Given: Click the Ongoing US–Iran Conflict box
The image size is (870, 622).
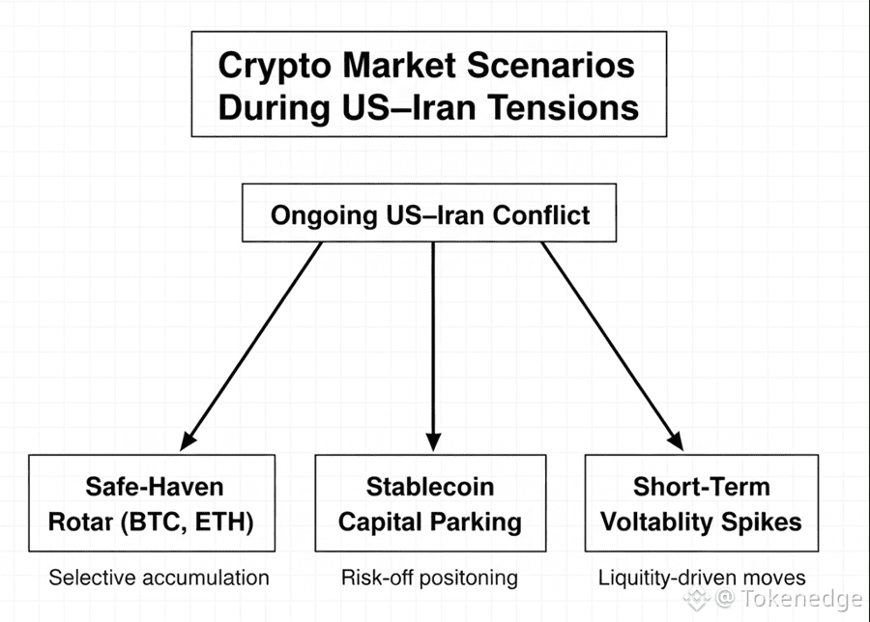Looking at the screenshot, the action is tap(428, 213).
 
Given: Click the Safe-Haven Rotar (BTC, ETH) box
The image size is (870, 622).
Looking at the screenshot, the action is tap(152, 503).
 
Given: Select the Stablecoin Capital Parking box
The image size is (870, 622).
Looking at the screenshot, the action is tap(429, 503).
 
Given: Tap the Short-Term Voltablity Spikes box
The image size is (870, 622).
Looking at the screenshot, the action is tap(701, 503).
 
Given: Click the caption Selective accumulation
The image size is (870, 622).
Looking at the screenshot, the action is tap(159, 578).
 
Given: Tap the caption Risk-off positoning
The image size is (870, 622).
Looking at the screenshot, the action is tap(429, 578).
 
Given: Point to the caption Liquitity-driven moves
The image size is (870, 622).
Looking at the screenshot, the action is tap(702, 578).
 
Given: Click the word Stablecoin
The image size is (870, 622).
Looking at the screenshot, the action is tap(429, 486).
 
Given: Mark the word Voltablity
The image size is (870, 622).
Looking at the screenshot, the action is tap(660, 523).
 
